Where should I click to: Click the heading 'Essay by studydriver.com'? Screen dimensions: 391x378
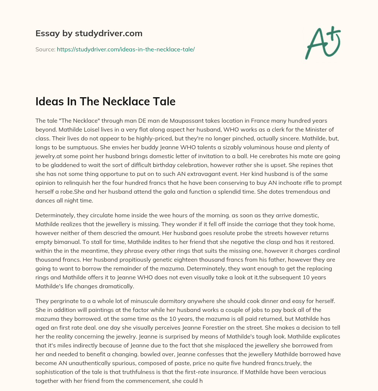89,33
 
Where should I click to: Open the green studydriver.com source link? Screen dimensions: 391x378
126,49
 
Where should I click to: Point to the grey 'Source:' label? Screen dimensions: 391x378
45,49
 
